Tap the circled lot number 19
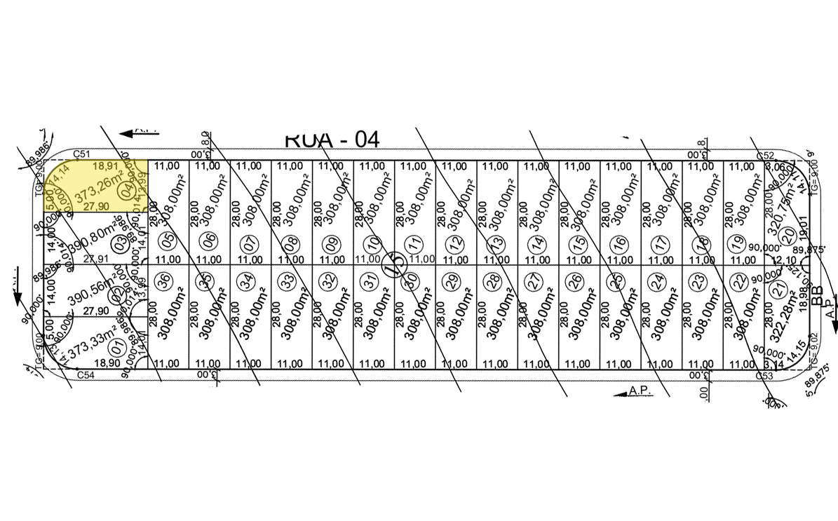point(736,243)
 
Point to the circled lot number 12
point(457,244)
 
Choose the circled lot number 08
point(290,244)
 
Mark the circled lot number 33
point(287,280)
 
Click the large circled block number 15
point(394,264)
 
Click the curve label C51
point(82,154)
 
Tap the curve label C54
point(85,376)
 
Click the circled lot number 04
point(128,190)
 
